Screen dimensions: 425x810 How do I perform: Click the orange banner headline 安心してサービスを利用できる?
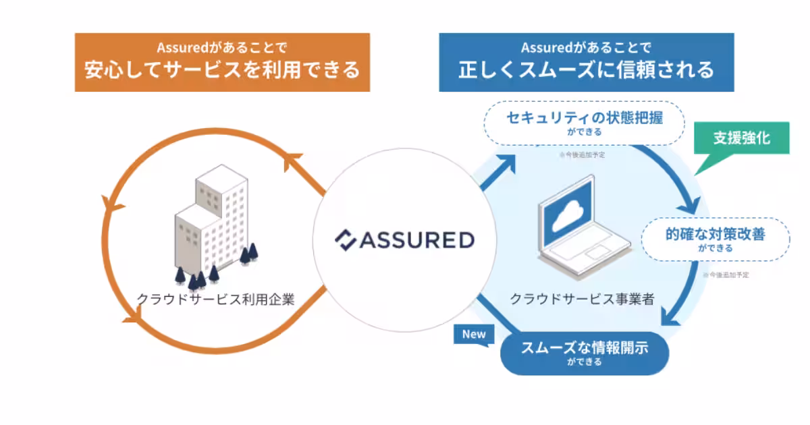click(222, 69)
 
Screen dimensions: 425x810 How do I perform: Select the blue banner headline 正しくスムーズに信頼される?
click(586, 69)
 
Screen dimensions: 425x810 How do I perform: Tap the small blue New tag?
click(473, 334)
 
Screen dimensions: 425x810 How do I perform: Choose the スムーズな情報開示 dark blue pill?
click(585, 353)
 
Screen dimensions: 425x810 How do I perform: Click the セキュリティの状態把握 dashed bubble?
click(585, 122)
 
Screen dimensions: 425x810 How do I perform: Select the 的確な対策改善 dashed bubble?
click(715, 239)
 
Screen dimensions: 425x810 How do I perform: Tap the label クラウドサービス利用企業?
click(215, 299)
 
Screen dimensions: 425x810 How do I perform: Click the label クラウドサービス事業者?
click(582, 299)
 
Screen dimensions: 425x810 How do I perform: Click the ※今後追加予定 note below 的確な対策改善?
click(726, 275)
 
